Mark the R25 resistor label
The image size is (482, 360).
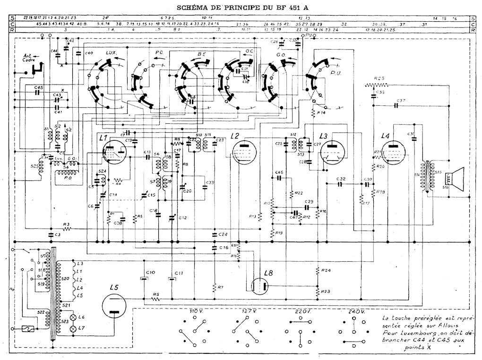pos(379,78)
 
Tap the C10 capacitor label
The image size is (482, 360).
pos(150,273)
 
